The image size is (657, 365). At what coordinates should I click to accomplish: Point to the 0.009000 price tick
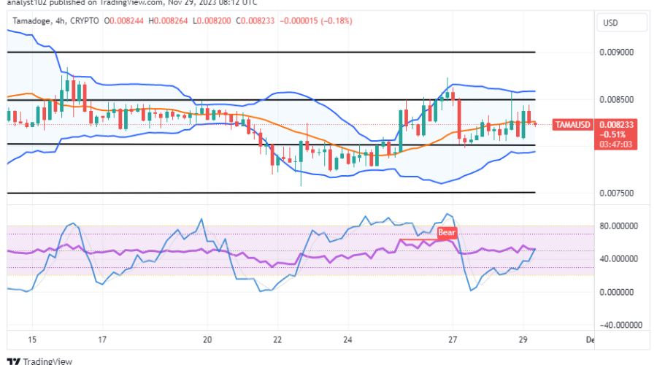pos(616,53)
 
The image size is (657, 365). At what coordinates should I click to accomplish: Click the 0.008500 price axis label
pos(616,100)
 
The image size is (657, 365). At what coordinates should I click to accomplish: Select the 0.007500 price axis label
pos(616,193)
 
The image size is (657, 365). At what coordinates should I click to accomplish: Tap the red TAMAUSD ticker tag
pos(573,125)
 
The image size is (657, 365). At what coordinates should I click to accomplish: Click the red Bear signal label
pos(447,233)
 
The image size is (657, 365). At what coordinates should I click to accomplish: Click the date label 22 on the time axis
pos(278,340)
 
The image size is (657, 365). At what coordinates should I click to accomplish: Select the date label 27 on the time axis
pos(453,340)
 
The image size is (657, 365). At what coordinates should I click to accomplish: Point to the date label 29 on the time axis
pos(523,340)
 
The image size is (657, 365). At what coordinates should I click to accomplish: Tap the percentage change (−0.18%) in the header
pos(334,21)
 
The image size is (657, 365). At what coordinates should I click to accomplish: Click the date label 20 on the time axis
pos(207,340)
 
